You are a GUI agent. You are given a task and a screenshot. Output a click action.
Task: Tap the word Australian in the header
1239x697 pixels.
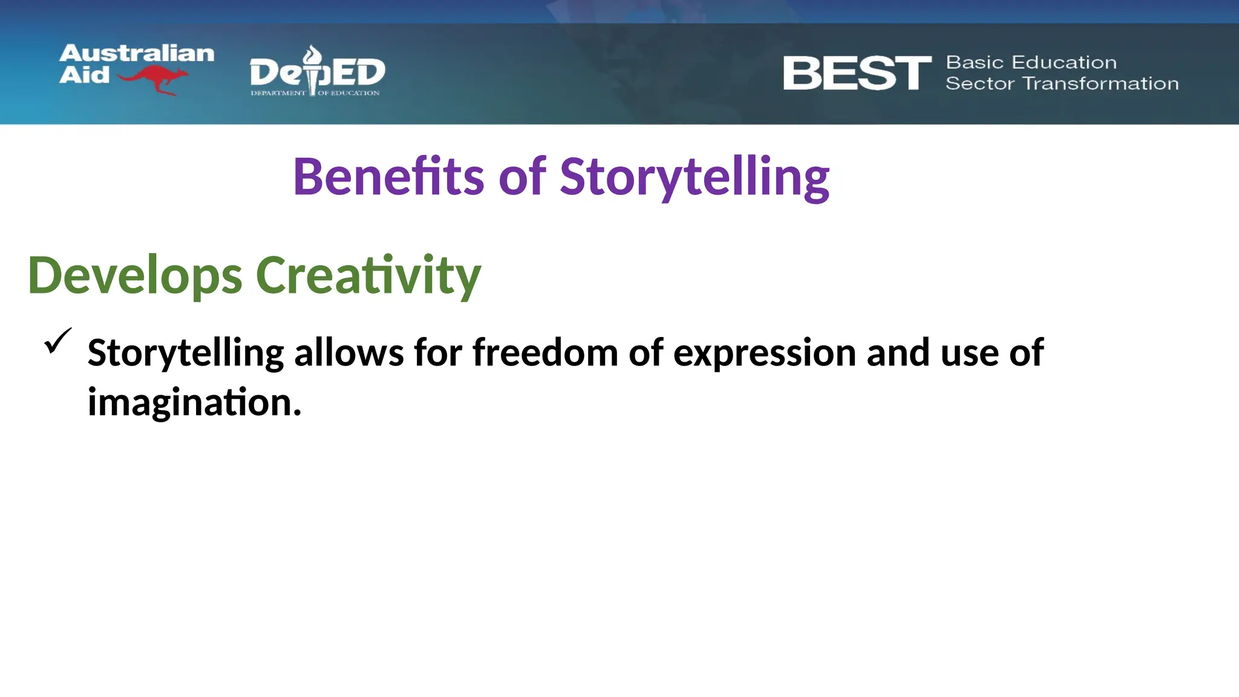137,53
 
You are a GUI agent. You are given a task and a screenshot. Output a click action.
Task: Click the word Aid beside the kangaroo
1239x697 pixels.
84,75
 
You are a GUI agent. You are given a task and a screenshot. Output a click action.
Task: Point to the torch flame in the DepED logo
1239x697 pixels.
312,55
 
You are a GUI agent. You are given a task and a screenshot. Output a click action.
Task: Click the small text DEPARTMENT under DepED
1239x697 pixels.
278,93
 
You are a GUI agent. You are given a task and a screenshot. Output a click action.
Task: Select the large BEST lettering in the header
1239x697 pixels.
857,73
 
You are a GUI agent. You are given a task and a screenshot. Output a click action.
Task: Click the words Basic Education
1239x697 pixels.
1031,62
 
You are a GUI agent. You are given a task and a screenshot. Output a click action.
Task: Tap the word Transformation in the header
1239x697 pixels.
1100,83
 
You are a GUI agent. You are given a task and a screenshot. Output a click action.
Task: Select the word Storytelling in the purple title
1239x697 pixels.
694,177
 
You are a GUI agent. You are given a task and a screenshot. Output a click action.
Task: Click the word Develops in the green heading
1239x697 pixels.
135,276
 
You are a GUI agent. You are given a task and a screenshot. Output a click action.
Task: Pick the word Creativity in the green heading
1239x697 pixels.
368,276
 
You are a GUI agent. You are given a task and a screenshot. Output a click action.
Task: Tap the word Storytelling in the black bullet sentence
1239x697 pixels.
186,353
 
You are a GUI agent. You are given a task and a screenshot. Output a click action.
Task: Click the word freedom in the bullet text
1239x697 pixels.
545,353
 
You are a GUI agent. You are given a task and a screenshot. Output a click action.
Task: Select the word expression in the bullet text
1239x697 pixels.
764,353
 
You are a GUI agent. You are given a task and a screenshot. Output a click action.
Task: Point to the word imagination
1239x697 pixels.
194,403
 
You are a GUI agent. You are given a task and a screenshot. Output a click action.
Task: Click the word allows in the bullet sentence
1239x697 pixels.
349,353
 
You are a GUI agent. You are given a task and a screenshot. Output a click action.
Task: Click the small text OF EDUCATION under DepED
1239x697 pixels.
349,93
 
